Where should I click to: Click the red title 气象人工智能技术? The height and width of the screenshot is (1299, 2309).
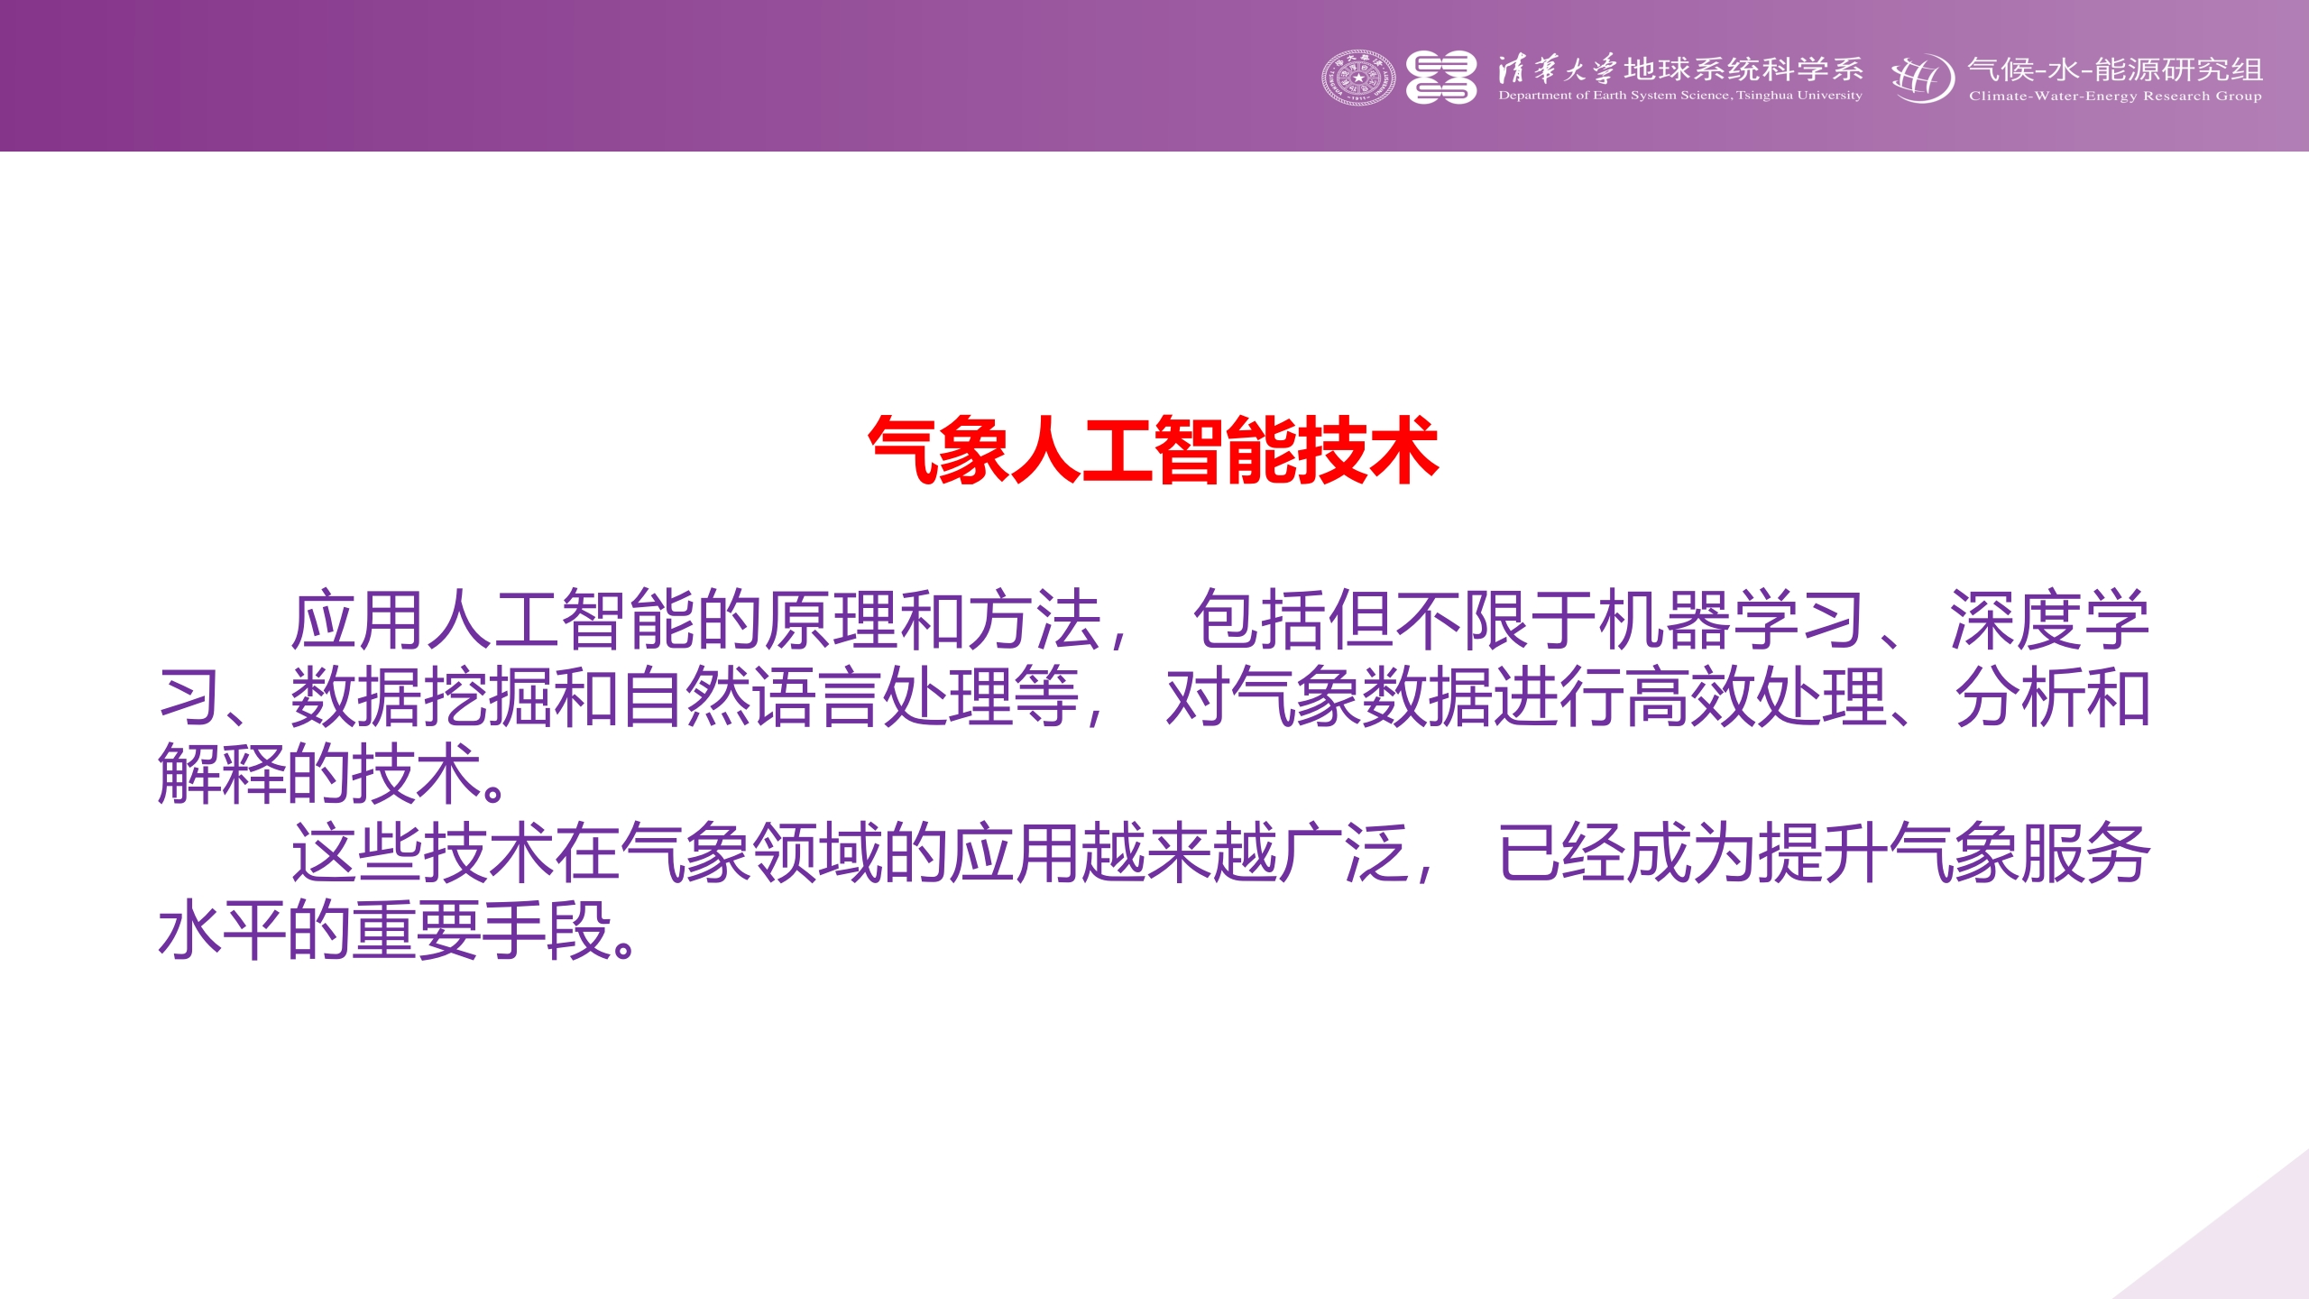click(1153, 450)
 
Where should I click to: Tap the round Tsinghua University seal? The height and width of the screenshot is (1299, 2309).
click(1358, 78)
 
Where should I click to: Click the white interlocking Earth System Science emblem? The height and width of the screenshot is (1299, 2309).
click(1441, 78)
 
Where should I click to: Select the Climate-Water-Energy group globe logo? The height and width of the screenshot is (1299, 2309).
click(1923, 78)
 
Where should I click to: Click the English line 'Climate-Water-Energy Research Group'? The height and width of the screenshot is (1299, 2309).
click(2115, 97)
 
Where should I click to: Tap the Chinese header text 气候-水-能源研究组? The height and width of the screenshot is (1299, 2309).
click(2115, 69)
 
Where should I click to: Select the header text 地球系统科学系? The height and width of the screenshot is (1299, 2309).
click(1743, 69)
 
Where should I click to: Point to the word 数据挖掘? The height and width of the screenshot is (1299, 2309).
click(421, 697)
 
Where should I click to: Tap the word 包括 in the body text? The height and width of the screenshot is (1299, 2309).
click(1260, 621)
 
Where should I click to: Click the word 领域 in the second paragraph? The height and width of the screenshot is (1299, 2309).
click(817, 853)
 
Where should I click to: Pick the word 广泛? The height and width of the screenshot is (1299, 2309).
click(1345, 853)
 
